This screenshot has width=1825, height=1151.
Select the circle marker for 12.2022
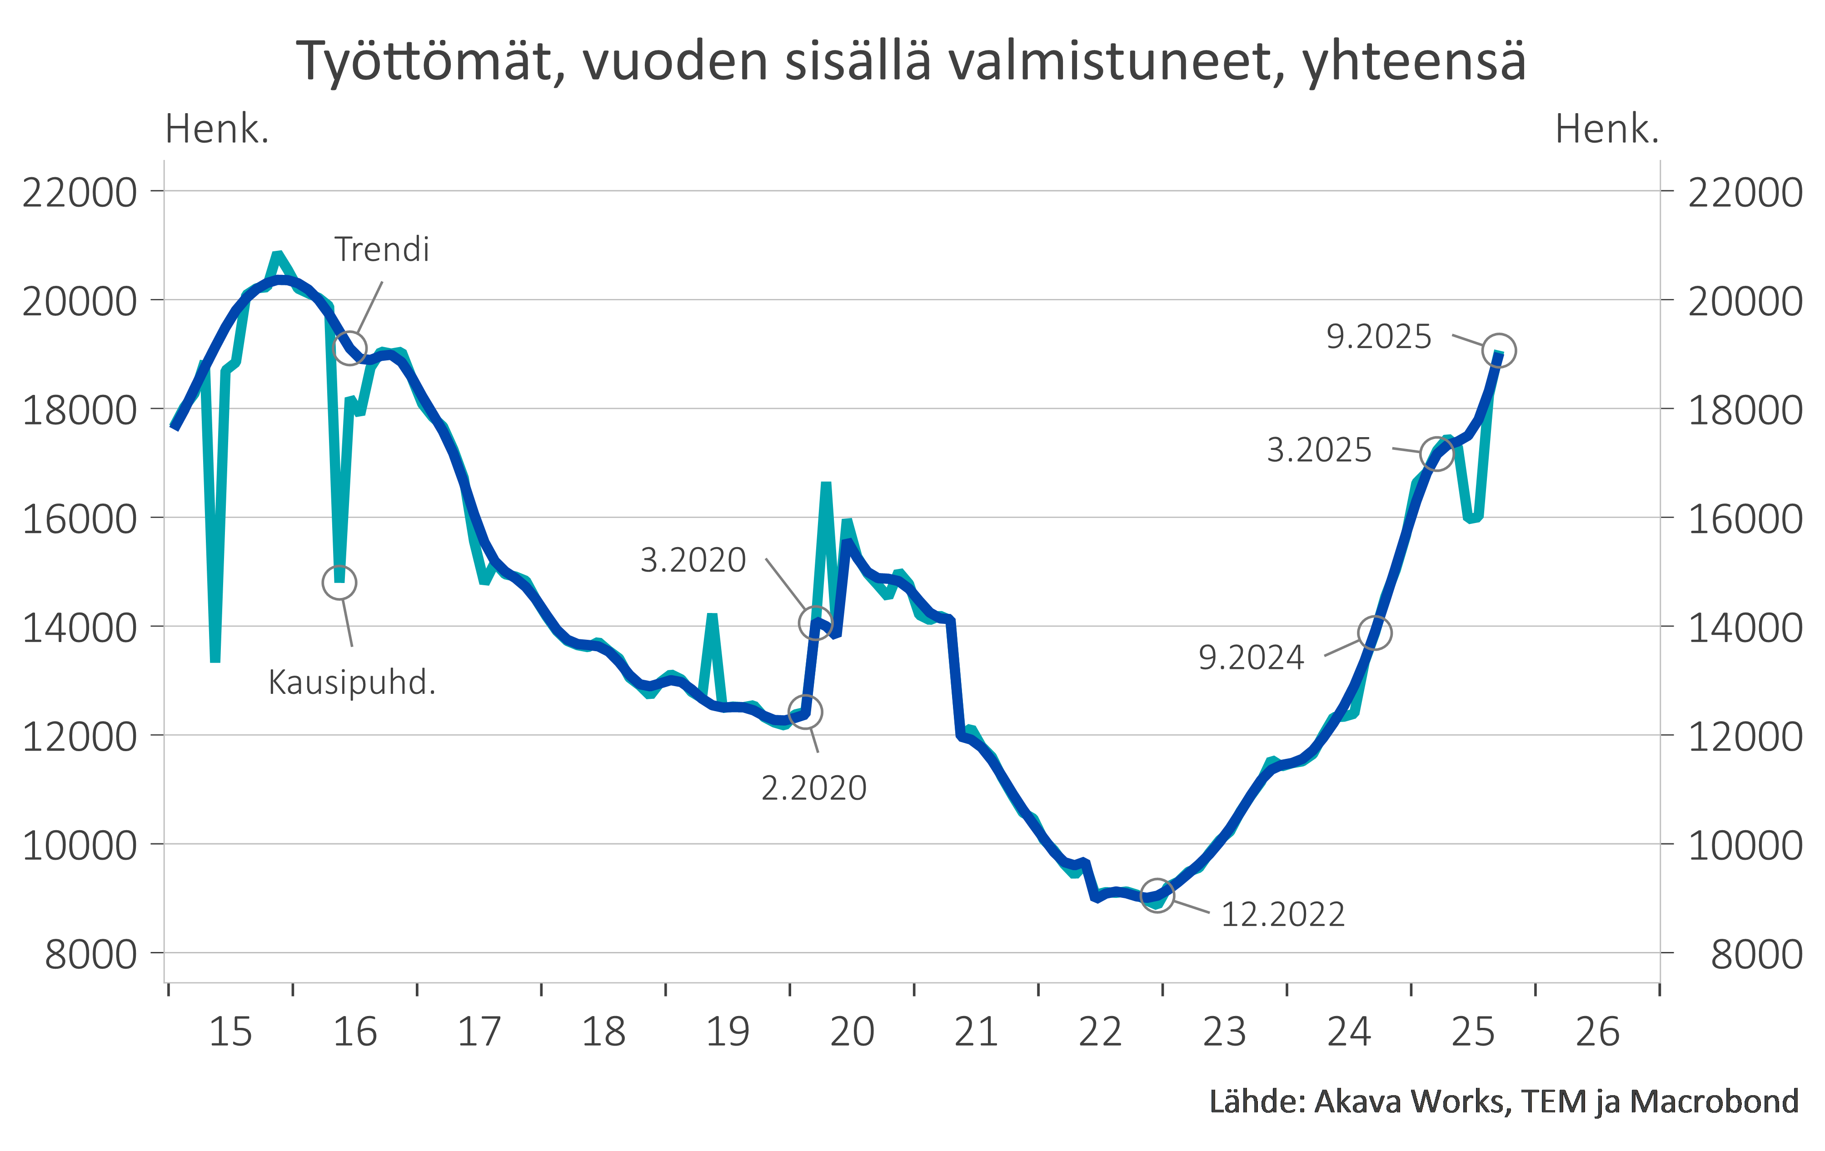(1157, 896)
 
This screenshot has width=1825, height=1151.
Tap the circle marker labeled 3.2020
(816, 622)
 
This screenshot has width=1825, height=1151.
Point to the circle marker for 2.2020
(805, 712)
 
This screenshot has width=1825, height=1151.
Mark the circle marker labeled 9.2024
(1375, 632)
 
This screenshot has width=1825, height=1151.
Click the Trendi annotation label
(382, 249)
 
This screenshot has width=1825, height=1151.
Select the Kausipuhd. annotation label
(352, 683)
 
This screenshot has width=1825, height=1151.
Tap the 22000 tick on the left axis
(80, 193)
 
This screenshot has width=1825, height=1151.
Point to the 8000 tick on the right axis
(1756, 955)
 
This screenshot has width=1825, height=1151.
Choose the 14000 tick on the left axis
(80, 628)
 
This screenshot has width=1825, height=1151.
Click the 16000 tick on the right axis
(1745, 519)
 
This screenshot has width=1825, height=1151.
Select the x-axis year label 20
(852, 1032)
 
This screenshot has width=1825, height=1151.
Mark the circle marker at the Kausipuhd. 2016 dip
(339, 583)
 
